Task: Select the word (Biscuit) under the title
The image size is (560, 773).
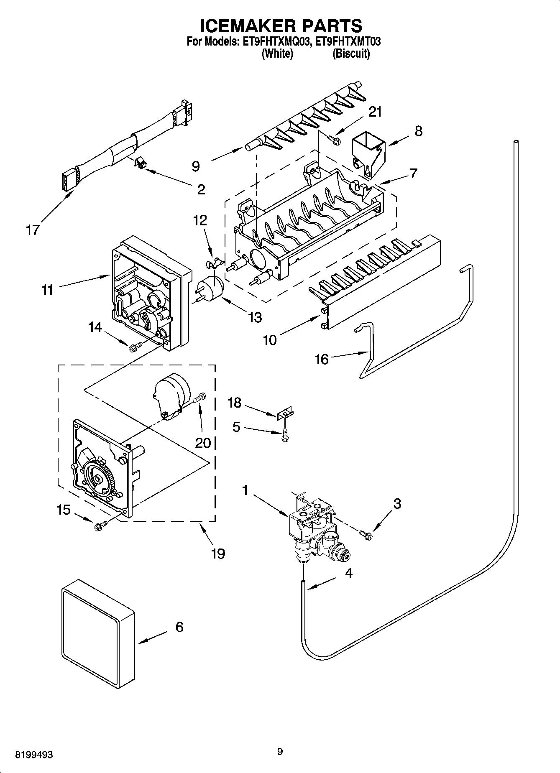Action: [x=351, y=54]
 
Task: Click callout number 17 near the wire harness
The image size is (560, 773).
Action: [x=33, y=230]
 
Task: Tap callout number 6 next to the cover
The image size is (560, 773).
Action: [x=179, y=627]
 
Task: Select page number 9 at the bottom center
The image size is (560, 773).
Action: [x=280, y=752]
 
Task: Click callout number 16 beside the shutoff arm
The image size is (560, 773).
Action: [x=321, y=359]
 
